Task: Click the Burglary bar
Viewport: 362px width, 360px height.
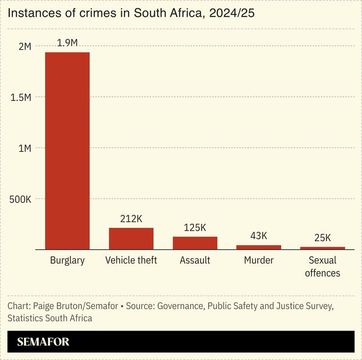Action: click(x=67, y=151)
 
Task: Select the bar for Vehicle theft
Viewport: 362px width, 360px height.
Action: click(x=131, y=239)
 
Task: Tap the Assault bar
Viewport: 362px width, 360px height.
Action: click(x=194, y=243)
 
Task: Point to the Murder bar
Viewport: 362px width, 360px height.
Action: click(x=259, y=247)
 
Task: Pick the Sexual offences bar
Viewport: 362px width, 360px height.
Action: click(x=322, y=248)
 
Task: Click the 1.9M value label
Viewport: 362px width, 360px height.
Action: click(x=67, y=43)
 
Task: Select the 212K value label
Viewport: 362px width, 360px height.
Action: click(x=131, y=218)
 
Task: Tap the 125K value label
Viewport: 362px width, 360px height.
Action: click(x=194, y=227)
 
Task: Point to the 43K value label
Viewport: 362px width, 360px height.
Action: click(x=259, y=236)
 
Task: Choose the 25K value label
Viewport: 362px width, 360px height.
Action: click(x=322, y=238)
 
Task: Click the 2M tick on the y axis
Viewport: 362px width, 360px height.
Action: click(x=24, y=47)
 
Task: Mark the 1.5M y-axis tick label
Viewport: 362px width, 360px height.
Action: click(x=21, y=97)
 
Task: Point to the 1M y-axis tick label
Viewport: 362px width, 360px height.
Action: click(x=24, y=148)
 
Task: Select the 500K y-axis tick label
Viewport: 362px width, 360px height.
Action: click(x=20, y=199)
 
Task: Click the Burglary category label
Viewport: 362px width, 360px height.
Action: click(x=67, y=261)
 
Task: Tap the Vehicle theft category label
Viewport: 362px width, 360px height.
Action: click(x=131, y=261)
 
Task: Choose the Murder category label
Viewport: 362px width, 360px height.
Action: click(x=259, y=261)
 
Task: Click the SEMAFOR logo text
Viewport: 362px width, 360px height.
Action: click(x=43, y=342)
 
